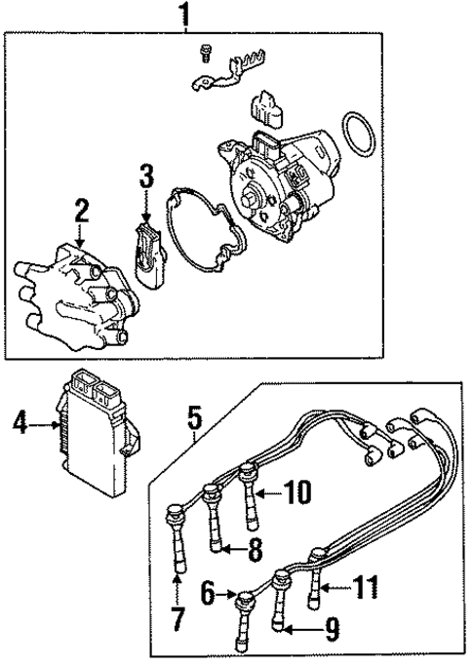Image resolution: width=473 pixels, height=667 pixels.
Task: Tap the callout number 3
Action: click(x=145, y=177)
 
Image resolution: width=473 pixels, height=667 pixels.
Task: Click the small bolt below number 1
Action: click(x=204, y=51)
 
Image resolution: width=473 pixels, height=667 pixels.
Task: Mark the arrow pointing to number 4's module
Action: click(x=47, y=424)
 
